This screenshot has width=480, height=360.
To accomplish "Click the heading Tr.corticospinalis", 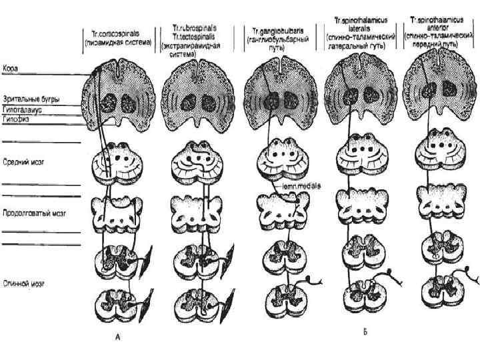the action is coord(120,33).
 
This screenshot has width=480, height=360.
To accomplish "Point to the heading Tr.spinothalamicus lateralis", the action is coord(363,21).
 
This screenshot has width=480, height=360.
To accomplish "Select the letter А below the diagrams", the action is coord(117,338).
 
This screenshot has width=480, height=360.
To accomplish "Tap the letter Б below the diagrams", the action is coord(365,331).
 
